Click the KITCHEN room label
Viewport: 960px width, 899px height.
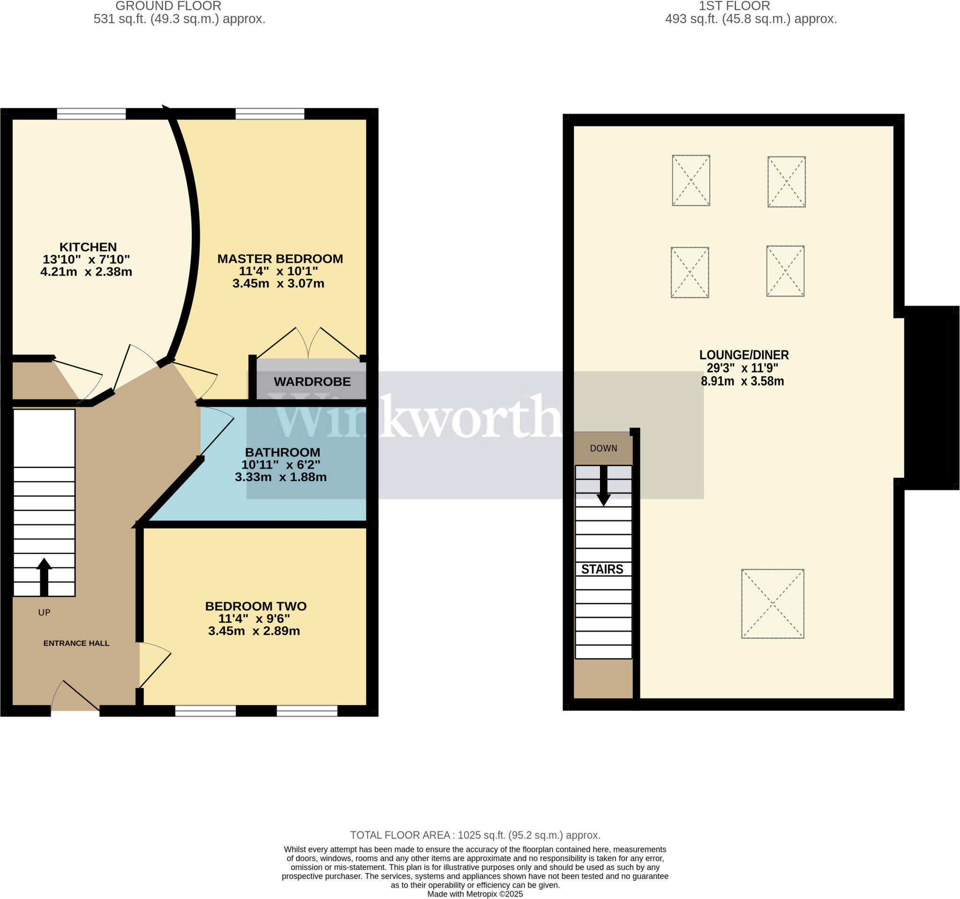(88, 247)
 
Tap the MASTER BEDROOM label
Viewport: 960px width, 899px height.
(280, 259)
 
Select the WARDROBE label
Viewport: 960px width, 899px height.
(312, 382)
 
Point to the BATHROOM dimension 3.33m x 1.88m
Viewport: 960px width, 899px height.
(281, 477)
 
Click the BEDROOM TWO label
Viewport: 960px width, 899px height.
(255, 606)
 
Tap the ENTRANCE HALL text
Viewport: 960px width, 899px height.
(76, 643)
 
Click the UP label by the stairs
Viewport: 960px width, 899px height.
(45, 612)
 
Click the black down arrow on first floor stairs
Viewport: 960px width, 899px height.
(604, 485)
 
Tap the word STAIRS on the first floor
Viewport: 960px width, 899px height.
(602, 569)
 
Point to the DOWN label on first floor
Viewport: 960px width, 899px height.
(604, 448)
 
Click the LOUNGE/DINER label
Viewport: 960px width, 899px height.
(743, 355)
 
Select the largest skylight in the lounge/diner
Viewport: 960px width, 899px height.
(772, 604)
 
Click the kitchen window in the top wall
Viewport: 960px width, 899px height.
(91, 114)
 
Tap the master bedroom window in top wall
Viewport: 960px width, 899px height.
(270, 114)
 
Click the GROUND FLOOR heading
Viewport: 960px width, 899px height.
(168, 6)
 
